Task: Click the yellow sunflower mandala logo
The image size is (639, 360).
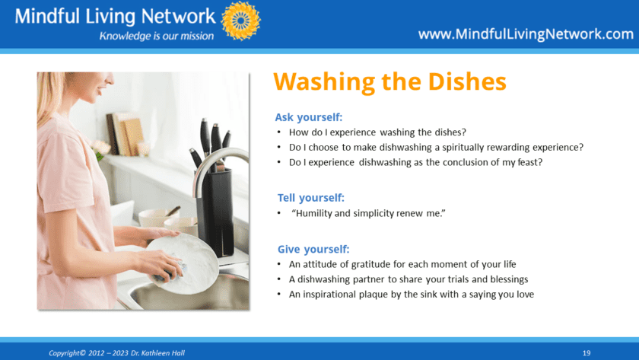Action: point(241,21)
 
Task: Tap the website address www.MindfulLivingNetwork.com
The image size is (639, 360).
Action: point(526,33)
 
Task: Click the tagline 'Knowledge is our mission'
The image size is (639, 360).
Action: point(157,36)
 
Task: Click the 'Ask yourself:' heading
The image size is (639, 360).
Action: point(309,117)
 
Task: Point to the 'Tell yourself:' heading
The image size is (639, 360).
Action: point(311,198)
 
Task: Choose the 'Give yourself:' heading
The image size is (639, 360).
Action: point(313,249)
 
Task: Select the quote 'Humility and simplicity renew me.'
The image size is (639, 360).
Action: point(368,213)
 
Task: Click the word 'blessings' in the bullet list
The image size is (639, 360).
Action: point(509,279)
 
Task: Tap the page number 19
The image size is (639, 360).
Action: point(587,353)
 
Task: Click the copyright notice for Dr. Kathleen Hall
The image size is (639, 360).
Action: point(116,353)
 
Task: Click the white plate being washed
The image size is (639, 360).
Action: point(183,263)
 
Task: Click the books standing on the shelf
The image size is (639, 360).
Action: point(125,135)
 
